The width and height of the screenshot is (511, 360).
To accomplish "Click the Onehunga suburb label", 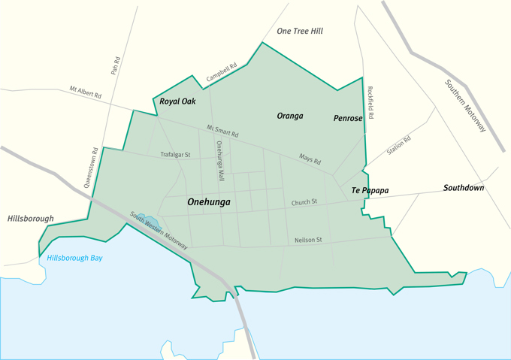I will tap(208, 201).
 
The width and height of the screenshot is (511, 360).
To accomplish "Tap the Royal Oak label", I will tap(177, 101).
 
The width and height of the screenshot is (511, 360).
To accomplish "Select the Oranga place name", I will tap(289, 116).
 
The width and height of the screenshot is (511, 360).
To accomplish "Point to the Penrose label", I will tap(348, 119).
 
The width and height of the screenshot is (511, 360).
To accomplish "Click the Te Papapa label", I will tap(370, 191).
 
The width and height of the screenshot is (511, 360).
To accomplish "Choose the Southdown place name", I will tap(464, 188).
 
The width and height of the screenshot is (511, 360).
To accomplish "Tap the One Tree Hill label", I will tap(300, 31).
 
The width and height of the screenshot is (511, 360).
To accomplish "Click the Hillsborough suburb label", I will tap(30, 219).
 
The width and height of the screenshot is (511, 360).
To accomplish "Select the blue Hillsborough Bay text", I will tap(74, 258).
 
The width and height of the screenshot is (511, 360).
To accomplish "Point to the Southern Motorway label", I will tap(465, 106).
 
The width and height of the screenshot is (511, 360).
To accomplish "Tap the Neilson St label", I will tap(308, 240).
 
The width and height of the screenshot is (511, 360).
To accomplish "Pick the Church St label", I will tap(304, 201).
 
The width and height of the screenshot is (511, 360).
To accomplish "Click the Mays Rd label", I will tap(310, 159).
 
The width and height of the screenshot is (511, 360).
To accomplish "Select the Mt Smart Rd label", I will tap(222, 131).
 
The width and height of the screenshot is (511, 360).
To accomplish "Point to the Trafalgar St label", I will tap(175, 155).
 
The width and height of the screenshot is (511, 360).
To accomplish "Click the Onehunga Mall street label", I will tap(220, 162).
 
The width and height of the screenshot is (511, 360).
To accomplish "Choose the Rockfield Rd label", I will tap(370, 103).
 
